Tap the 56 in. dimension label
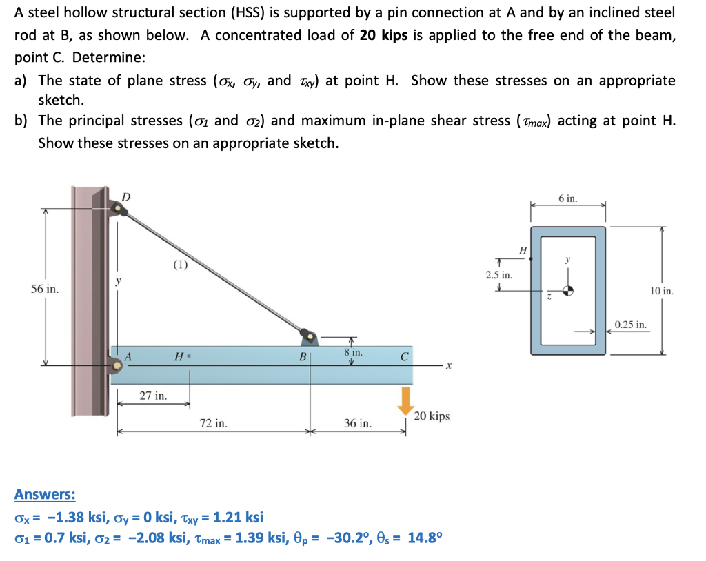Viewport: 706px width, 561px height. (45, 289)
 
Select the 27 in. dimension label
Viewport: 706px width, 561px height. (153, 396)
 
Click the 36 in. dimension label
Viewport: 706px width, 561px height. (357, 423)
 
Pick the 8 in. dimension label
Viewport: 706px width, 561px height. (352, 352)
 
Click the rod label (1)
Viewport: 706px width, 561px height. (180, 263)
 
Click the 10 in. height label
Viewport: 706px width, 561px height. (660, 291)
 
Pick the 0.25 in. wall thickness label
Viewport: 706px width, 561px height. (631, 324)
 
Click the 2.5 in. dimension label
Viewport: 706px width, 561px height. (498, 275)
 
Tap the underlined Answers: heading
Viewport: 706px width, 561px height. (45, 494)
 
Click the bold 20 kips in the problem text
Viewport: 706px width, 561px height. (383, 35)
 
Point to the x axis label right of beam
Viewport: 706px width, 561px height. (448, 366)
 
